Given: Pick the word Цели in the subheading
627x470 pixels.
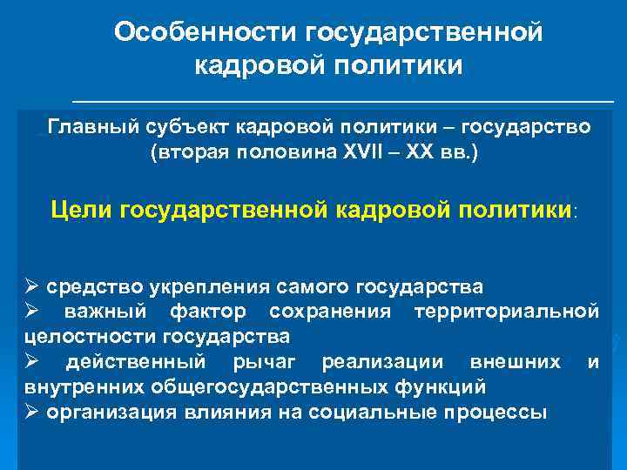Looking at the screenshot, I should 82,209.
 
